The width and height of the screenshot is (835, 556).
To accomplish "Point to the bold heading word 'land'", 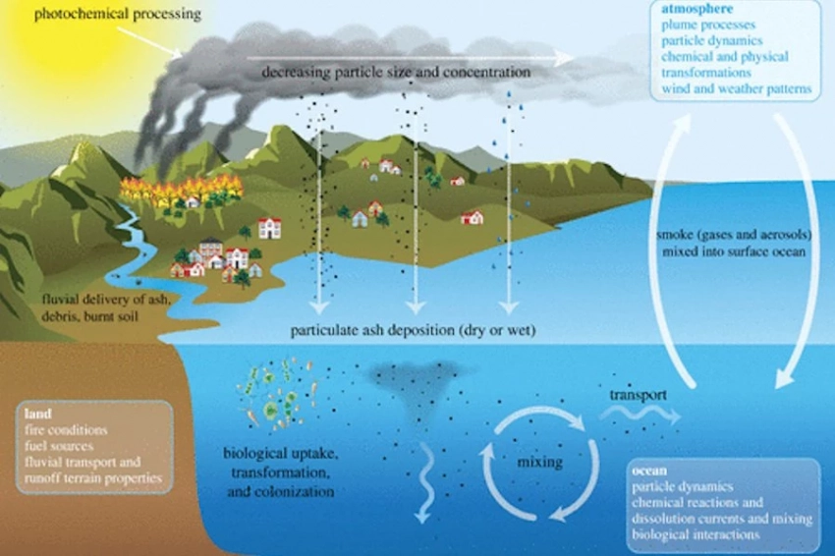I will click(37, 415).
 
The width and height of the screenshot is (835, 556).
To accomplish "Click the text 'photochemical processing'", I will click(117, 15).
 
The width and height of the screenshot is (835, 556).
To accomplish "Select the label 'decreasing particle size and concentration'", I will click(396, 73).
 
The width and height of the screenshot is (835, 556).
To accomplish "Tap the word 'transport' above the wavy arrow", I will click(638, 395).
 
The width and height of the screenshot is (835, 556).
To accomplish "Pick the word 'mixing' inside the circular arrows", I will click(539, 462).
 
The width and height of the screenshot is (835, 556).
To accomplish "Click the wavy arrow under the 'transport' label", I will click(639, 417).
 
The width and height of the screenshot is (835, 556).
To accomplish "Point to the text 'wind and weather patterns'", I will click(737, 89).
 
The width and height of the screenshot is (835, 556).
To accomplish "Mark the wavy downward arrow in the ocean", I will click(425, 481).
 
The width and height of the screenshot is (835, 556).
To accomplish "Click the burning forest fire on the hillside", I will click(182, 192).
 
